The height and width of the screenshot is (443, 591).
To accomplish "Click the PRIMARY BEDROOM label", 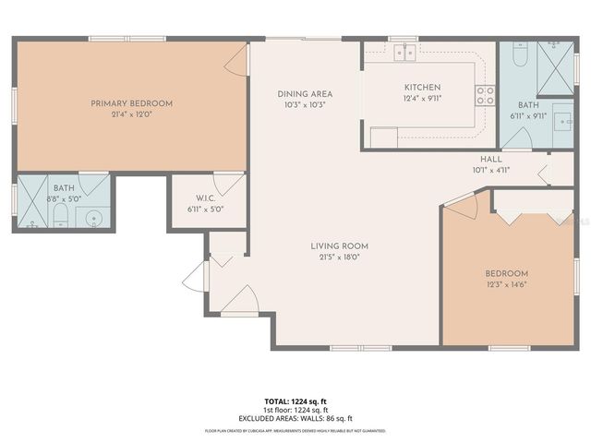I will [131, 103].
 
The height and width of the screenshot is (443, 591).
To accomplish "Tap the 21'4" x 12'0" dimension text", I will [131, 114].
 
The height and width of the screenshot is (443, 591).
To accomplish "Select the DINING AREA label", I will [305, 94].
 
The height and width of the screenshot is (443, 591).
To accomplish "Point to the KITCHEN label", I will [422, 87].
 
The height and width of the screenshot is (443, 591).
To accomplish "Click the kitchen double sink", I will [404, 53].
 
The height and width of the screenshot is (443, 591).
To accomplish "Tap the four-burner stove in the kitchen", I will [485, 94].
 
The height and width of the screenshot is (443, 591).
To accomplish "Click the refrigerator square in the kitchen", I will [383, 138].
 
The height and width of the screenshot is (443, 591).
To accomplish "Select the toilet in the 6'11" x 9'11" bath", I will [519, 56].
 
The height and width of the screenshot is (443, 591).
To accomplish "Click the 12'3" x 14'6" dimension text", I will [506, 285].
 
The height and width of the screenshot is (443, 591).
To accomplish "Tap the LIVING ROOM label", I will [339, 245].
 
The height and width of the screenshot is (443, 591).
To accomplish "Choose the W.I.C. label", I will [205, 198].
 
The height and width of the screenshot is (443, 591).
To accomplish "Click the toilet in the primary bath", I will [61, 216].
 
